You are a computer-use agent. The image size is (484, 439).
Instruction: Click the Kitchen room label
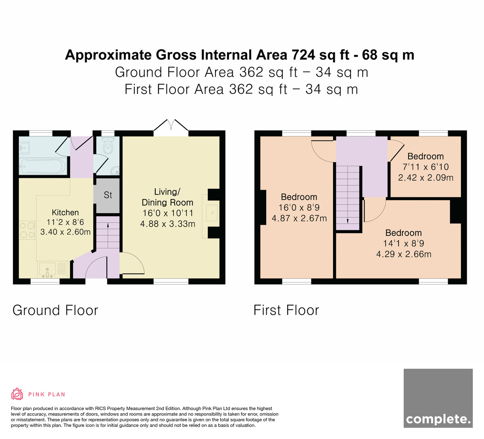pyautogui.click(x=65, y=213)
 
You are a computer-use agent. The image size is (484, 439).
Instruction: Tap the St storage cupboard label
pyautogui.click(x=108, y=195)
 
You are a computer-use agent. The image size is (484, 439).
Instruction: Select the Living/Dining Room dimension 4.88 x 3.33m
pyautogui.click(x=168, y=224)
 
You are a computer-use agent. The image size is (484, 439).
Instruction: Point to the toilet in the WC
pyautogui.click(x=108, y=145)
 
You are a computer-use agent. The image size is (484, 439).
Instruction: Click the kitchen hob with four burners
pyautogui.click(x=27, y=230)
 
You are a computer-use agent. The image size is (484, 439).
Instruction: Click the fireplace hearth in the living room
pyautogui.click(x=211, y=213)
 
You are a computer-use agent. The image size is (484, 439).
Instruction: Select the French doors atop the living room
pyautogui.click(x=171, y=125)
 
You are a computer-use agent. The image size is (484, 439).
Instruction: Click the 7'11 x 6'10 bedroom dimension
pyautogui.click(x=426, y=167)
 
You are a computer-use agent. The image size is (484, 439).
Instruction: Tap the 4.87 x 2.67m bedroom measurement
pyautogui.click(x=299, y=219)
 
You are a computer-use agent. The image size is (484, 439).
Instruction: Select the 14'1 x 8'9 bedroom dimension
pyautogui.click(x=404, y=243)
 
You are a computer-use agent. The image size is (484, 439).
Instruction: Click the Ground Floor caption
pyautogui.click(x=55, y=310)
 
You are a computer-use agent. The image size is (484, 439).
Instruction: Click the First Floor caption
pyautogui.click(x=286, y=310)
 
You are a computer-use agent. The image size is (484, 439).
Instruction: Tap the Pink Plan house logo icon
pyautogui.click(x=17, y=394)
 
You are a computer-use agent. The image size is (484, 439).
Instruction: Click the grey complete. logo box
pyautogui.click(x=438, y=401)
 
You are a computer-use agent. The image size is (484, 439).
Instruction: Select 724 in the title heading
pyautogui.click(x=303, y=55)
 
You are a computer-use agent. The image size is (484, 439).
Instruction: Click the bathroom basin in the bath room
pyautogui.click(x=25, y=148)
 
